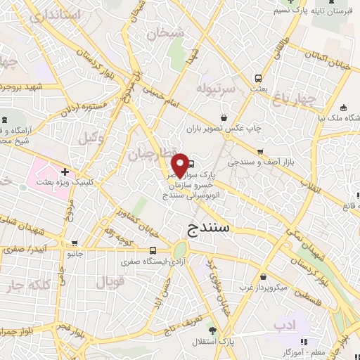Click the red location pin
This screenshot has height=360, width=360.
[181, 165]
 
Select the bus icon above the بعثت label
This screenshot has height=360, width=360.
[258, 78]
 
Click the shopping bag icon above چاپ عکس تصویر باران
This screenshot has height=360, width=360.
[224, 117]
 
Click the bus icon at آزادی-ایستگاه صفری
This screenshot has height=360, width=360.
[153, 250]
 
